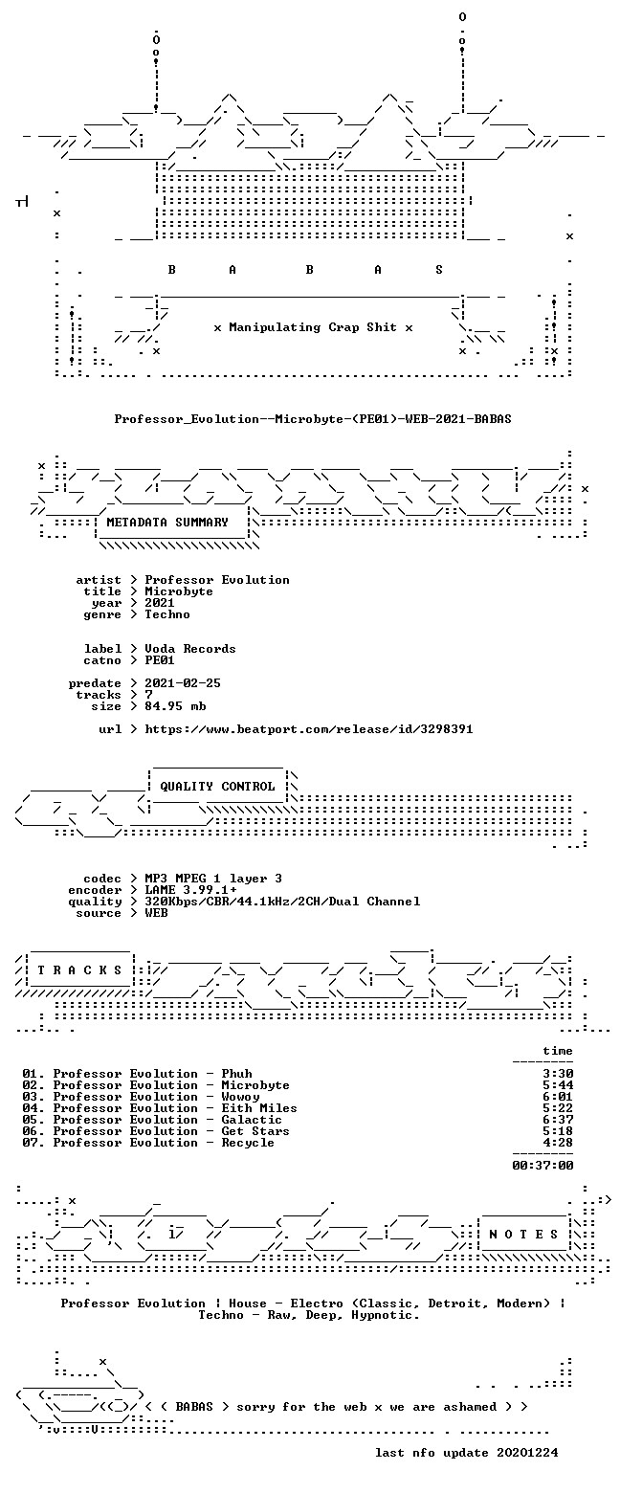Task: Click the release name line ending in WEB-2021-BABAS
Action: (313, 419)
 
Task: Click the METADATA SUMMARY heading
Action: (167, 523)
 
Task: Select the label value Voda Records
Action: (190, 649)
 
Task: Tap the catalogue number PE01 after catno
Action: (160, 660)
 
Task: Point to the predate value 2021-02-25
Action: (183, 683)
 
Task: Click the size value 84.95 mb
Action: (175, 706)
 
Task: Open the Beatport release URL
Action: (309, 729)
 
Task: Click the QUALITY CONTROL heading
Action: (217, 787)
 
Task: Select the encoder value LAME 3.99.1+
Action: (190, 890)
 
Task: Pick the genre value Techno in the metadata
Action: (167, 614)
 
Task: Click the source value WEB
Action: (156, 912)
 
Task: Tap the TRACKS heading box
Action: (80, 970)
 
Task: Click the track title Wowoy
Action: (241, 1097)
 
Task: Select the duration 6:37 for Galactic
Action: (558, 1120)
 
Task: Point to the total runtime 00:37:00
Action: (542, 1166)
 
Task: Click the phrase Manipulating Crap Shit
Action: (313, 327)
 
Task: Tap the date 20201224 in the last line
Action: (527, 1453)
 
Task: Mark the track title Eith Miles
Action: (259, 1108)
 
